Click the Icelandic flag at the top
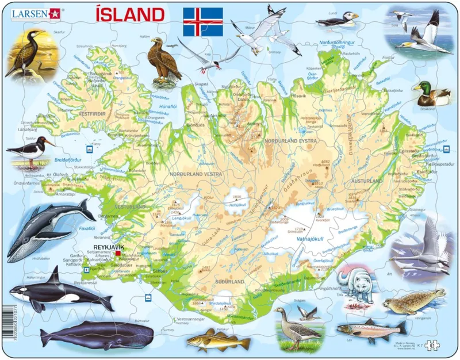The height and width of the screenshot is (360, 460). coord(202,22)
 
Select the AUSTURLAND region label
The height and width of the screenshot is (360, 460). coord(366,181)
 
